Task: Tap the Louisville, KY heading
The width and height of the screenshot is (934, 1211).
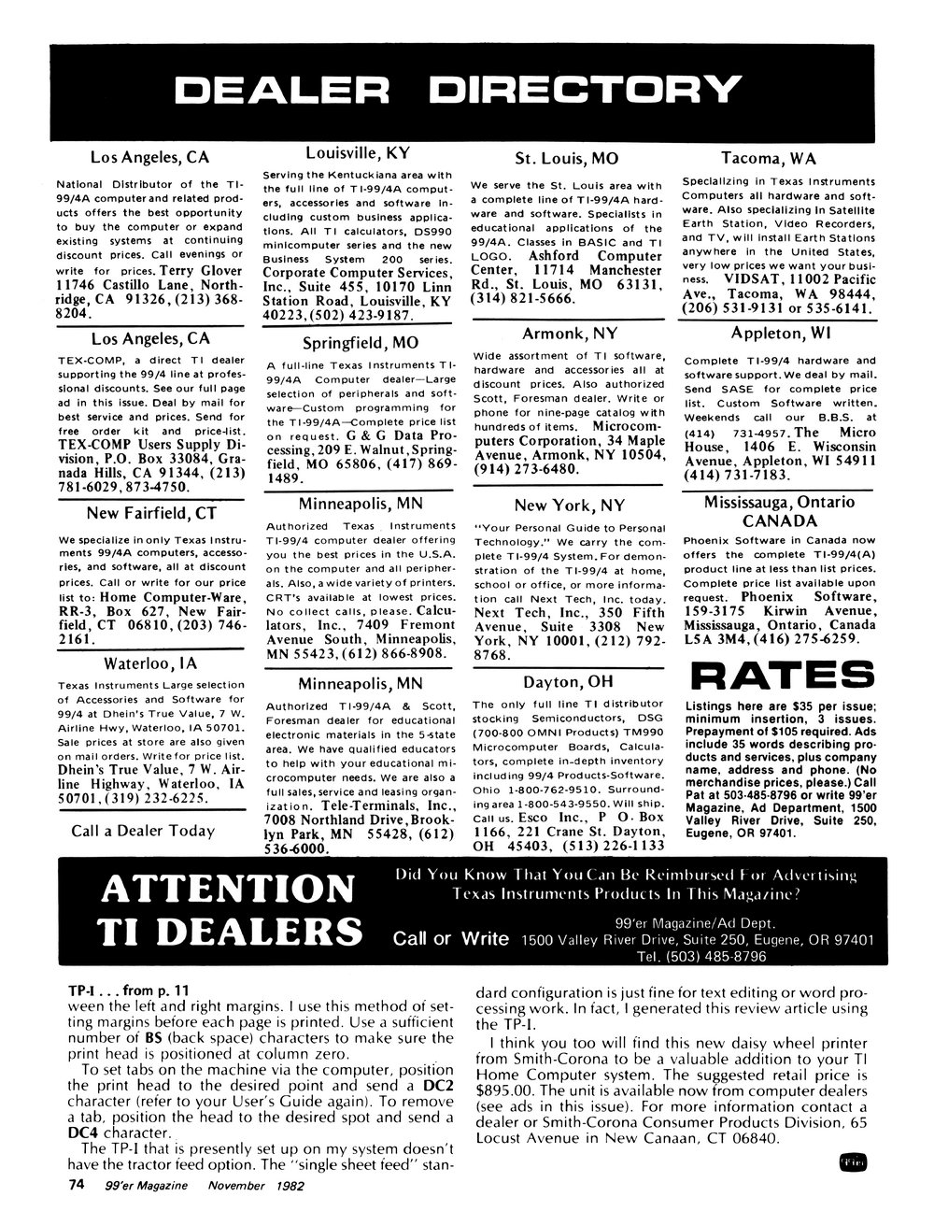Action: [x=358, y=153]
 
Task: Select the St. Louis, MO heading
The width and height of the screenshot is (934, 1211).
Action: [x=567, y=158]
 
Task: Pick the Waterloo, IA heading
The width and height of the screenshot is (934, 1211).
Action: [x=149, y=664]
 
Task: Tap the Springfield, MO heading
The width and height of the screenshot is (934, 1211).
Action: [x=360, y=341]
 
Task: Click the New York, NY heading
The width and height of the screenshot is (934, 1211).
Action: [x=569, y=506]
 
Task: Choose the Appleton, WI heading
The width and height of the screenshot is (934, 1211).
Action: [x=769, y=333]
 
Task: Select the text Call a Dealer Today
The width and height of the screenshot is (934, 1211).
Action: [x=143, y=831]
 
